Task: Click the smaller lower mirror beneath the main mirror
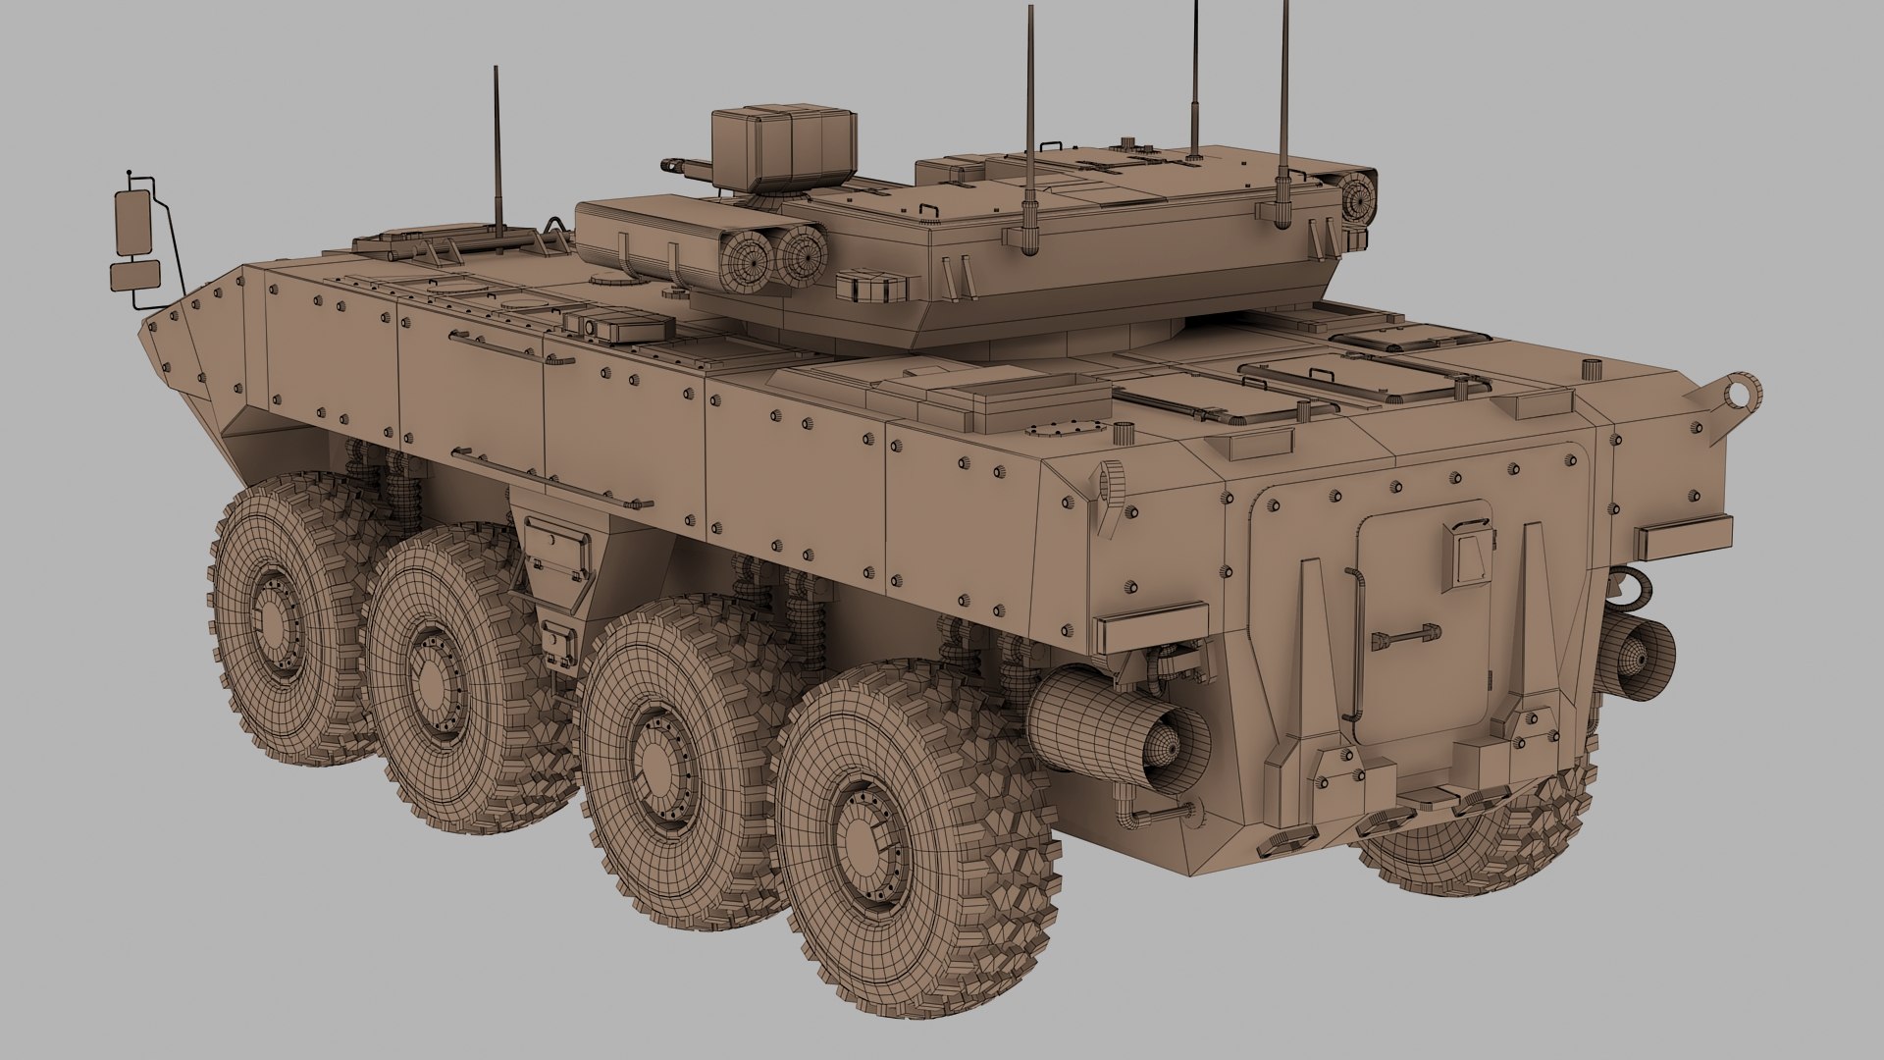pyautogui.click(x=134, y=276)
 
